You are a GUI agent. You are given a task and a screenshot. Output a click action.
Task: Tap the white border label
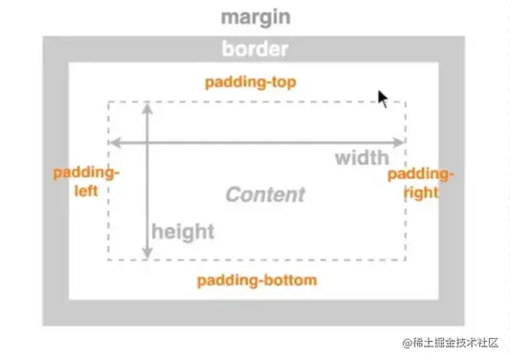pos(255,49)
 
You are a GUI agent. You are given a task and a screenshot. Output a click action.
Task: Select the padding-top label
pos(251,81)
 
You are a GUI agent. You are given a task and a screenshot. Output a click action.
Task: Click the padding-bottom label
pos(256,281)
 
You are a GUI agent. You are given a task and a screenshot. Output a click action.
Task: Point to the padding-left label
pos(86,182)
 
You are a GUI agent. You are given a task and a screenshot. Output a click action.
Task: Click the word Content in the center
pos(265,195)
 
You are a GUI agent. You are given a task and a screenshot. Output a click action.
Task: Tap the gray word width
pos(362,158)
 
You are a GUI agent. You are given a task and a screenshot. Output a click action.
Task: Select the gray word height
pos(183,231)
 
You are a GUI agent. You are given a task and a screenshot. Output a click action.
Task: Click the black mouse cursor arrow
pos(383,99)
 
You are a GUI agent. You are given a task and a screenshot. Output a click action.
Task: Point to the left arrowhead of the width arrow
pos(113,142)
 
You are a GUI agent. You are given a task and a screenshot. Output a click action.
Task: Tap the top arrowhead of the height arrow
pos(147,107)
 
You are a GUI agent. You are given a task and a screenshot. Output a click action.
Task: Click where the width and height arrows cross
pos(147,142)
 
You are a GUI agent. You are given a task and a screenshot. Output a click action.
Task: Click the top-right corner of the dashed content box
pos(406,101)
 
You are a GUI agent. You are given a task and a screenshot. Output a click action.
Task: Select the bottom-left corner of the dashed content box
pos(108,259)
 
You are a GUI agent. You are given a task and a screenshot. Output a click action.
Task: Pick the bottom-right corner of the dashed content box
pos(406,259)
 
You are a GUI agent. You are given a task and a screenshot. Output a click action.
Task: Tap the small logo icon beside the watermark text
pos(407,343)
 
